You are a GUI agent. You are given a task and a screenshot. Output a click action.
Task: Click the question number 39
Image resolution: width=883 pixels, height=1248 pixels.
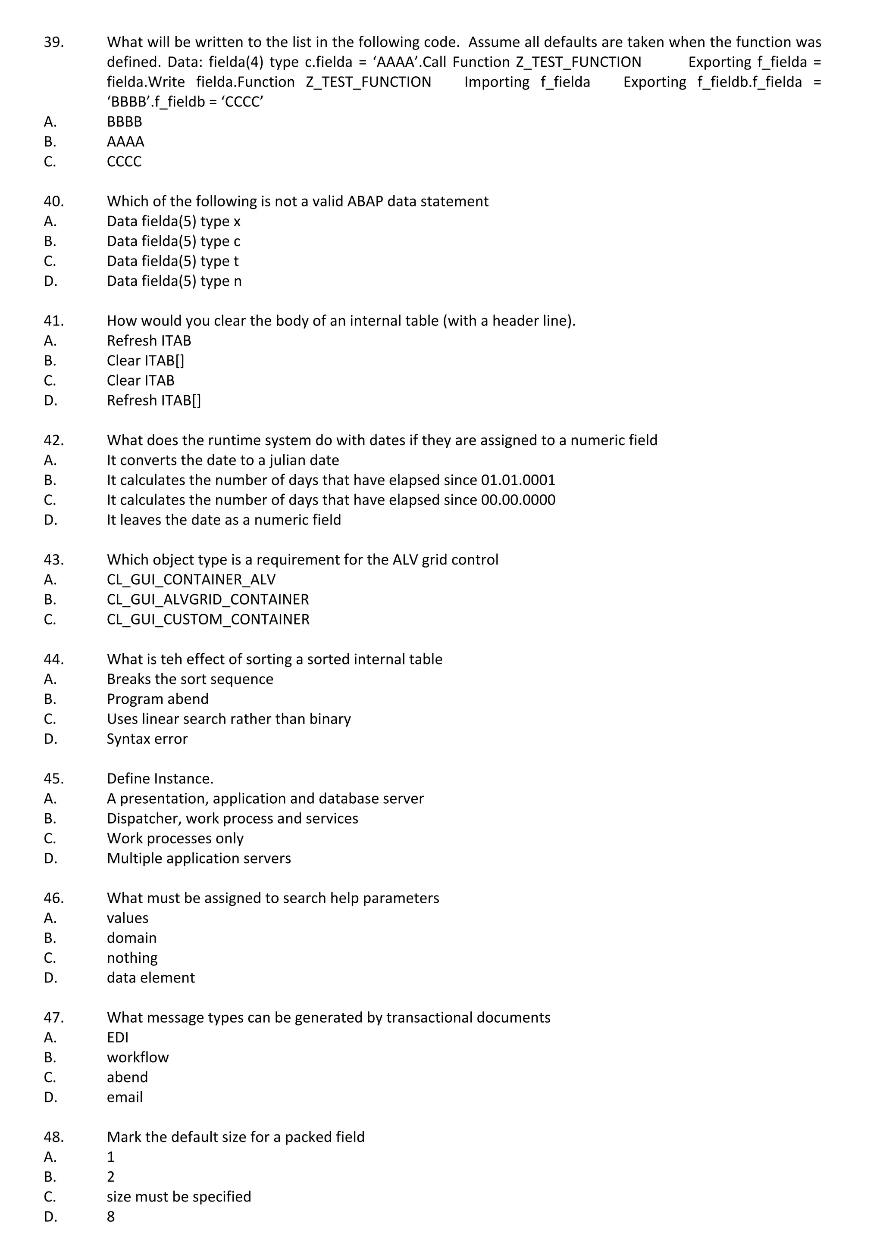point(53,42)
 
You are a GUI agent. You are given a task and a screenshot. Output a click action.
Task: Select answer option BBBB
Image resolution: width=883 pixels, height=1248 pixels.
point(124,122)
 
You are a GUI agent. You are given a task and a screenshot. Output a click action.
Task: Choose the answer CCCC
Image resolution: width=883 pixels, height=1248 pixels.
point(124,162)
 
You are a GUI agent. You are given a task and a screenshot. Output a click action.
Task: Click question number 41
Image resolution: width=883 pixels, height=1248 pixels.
point(53,321)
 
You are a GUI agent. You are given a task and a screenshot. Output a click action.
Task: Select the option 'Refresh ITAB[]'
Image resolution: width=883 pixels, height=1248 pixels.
point(153,401)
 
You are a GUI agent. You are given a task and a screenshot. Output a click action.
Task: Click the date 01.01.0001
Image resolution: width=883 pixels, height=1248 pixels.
point(518,480)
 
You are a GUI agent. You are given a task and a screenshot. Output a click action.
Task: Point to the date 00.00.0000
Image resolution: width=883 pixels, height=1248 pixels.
point(518,500)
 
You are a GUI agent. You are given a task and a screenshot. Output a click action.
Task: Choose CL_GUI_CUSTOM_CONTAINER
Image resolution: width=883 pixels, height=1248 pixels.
point(208,620)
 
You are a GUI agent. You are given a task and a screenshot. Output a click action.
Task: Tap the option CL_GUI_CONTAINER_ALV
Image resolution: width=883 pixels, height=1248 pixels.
point(191,580)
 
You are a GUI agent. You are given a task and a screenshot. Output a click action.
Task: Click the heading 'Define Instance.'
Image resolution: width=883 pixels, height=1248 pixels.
point(160,779)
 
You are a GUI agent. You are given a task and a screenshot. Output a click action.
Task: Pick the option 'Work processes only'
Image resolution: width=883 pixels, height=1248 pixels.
point(175,839)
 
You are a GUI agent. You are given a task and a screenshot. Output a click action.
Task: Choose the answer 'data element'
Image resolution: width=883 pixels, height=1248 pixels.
point(150,978)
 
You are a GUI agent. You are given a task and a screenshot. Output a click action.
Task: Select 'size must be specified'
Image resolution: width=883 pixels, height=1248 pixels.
point(178,1197)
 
